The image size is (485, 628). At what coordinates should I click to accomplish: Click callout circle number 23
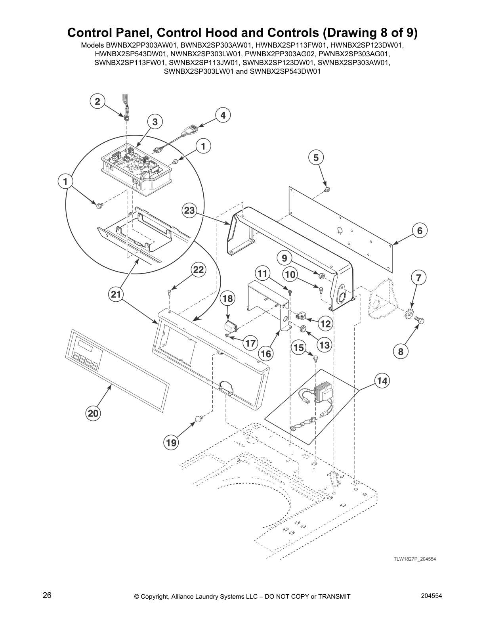(x=189, y=211)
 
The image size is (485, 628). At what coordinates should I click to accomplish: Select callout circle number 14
(x=382, y=381)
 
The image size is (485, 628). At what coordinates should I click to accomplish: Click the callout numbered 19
(x=171, y=442)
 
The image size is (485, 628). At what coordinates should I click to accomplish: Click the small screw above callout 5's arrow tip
(x=327, y=189)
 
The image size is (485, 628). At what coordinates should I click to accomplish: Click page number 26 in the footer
(x=47, y=595)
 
